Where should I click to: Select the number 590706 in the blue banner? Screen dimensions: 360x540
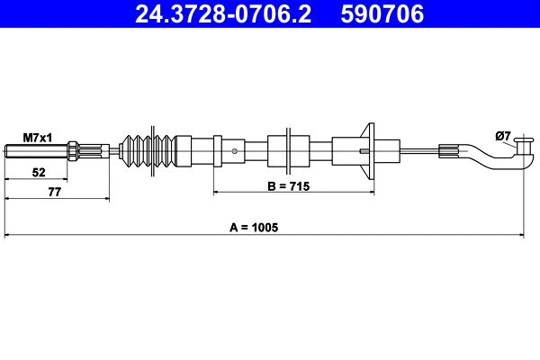click(x=383, y=13)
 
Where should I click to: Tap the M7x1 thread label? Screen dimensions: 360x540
click(x=37, y=137)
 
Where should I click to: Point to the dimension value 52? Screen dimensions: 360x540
click(x=37, y=171)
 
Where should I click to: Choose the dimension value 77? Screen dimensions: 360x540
click(x=55, y=191)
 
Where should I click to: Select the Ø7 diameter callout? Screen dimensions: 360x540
click(x=503, y=137)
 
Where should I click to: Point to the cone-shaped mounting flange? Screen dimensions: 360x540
click(x=367, y=150)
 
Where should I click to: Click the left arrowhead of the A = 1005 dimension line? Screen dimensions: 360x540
click(x=8, y=237)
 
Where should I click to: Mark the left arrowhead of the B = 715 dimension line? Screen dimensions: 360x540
click(x=216, y=193)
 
